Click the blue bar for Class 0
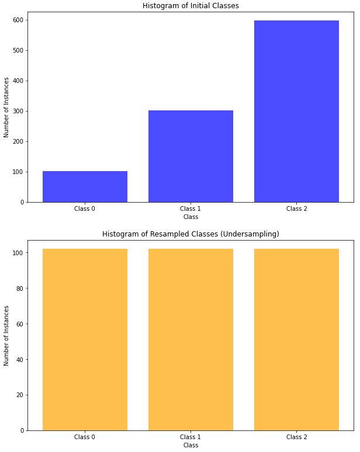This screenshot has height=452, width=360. click(x=85, y=186)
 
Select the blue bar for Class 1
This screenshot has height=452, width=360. click(x=191, y=157)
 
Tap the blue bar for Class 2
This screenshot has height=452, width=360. click(x=296, y=112)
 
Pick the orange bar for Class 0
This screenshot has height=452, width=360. click(x=85, y=339)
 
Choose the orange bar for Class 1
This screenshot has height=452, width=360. click(x=191, y=339)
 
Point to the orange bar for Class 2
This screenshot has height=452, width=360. click(x=296, y=339)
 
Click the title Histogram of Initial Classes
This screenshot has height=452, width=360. click(x=191, y=5)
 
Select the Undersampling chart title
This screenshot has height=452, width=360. click(x=191, y=234)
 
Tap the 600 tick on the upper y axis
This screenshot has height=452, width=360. click(x=19, y=20)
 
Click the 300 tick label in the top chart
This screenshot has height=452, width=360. click(x=19, y=112)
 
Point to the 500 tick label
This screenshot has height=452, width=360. click(x=19, y=50)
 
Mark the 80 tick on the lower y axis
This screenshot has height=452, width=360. click(x=20, y=288)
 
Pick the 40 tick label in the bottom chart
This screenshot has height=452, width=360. click(x=20, y=360)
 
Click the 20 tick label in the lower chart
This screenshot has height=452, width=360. click(x=20, y=395)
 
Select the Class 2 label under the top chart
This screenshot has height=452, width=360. click(x=296, y=208)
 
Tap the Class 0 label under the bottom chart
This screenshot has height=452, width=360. click(x=85, y=437)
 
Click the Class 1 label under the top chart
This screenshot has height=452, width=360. click(x=191, y=208)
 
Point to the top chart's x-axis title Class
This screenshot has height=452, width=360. click(x=191, y=217)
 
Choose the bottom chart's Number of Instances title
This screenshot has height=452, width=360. click(x=6, y=336)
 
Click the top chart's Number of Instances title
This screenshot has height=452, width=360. click(x=6, y=107)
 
